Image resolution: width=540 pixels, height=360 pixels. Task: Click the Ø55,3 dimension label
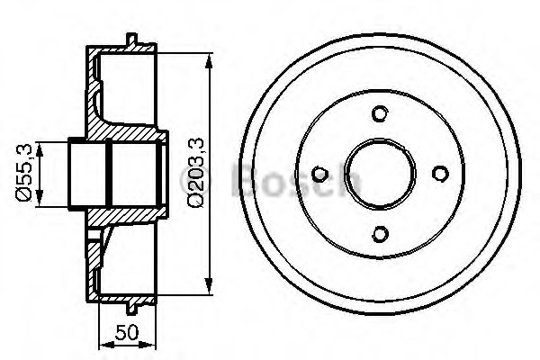[x=23, y=172]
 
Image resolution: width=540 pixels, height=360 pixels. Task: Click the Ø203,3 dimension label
[x=196, y=172]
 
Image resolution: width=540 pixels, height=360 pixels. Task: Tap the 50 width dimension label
[x=127, y=332]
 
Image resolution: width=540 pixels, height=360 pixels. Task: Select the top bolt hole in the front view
[x=380, y=113]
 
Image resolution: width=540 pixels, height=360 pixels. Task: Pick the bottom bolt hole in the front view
[x=380, y=234]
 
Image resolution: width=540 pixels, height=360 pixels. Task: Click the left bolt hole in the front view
[x=319, y=174]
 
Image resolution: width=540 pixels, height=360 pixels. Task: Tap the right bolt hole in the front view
[x=440, y=174]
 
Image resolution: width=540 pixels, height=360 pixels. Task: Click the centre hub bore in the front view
[x=380, y=174]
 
